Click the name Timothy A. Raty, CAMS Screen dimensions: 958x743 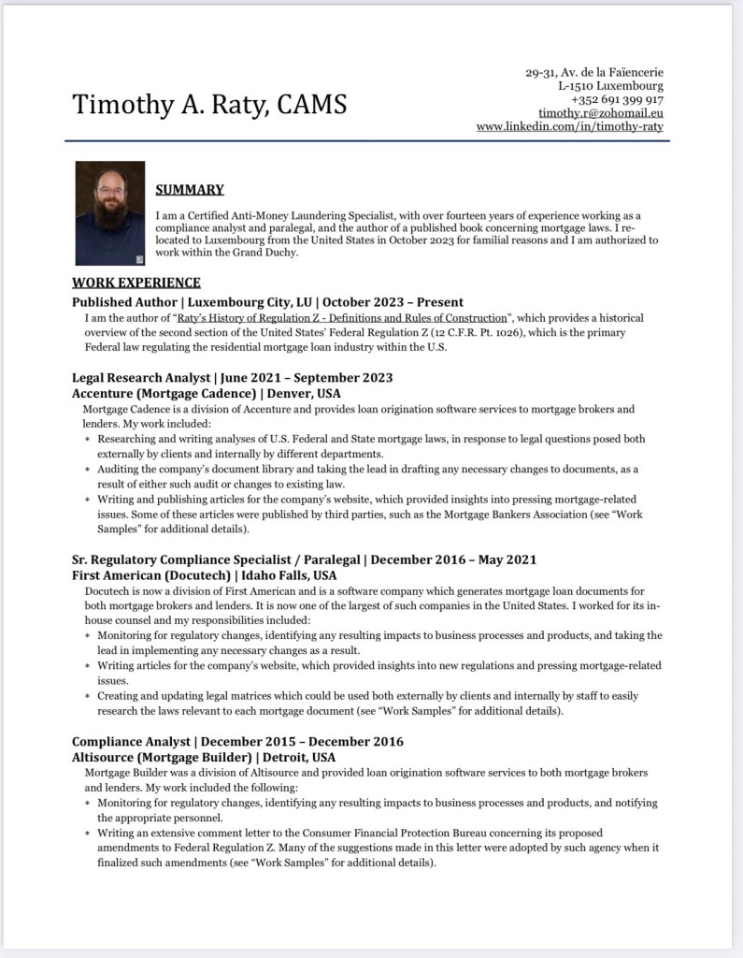point(209,104)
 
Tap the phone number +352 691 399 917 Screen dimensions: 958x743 point(617,99)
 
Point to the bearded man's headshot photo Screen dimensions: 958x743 point(109,214)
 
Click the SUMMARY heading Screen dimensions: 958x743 point(190,190)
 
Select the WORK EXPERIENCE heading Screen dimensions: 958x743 point(136,283)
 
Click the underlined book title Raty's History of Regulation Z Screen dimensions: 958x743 point(341,318)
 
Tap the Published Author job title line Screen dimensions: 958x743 point(267,302)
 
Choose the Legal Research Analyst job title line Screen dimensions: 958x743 point(232,378)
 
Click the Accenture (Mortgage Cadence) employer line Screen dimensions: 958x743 point(206,394)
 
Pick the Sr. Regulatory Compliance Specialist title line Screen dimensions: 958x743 point(304,559)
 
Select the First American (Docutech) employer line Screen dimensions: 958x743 point(204,575)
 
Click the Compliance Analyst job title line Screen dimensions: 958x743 point(237,742)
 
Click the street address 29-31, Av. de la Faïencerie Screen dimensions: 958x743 point(594,73)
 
